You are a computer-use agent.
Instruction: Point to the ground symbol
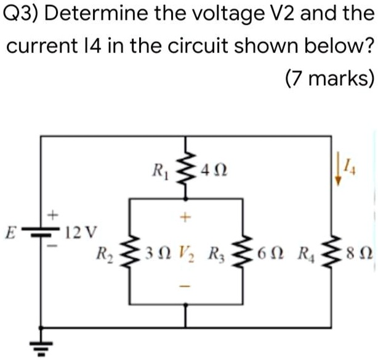(x=41, y=346)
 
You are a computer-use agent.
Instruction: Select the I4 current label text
(x=350, y=163)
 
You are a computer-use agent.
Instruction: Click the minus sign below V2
(x=187, y=287)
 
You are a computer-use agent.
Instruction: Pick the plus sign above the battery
(x=52, y=215)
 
